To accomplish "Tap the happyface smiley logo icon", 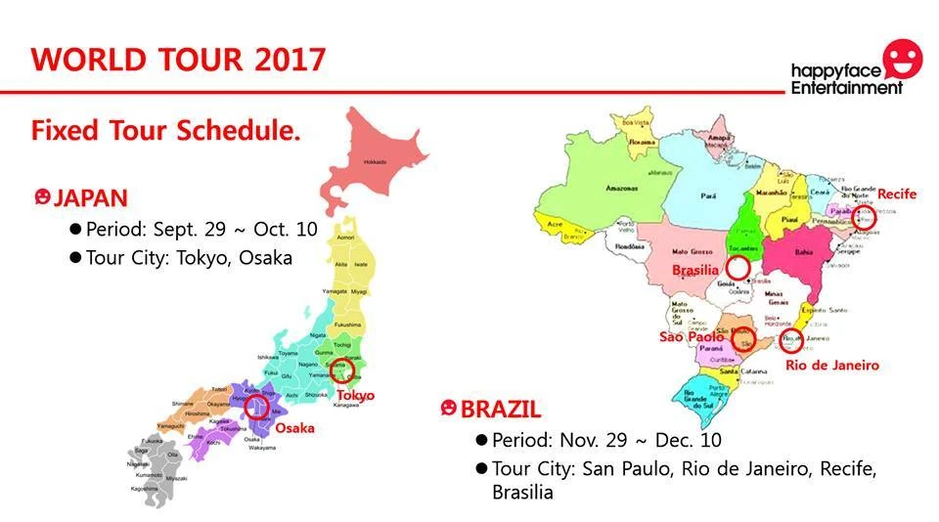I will tap(901, 59).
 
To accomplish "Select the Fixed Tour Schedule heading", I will tap(164, 130).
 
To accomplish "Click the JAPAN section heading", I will tap(90, 198).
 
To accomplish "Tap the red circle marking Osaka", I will tap(257, 406).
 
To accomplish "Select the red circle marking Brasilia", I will tap(738, 267).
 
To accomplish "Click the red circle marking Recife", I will tap(864, 217).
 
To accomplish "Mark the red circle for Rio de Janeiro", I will tap(791, 340).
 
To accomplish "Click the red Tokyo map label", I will tap(356, 395).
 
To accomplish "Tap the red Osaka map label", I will tap(293, 428).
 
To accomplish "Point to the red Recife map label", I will tap(896, 194).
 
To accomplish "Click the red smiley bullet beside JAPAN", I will tap(41, 197).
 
